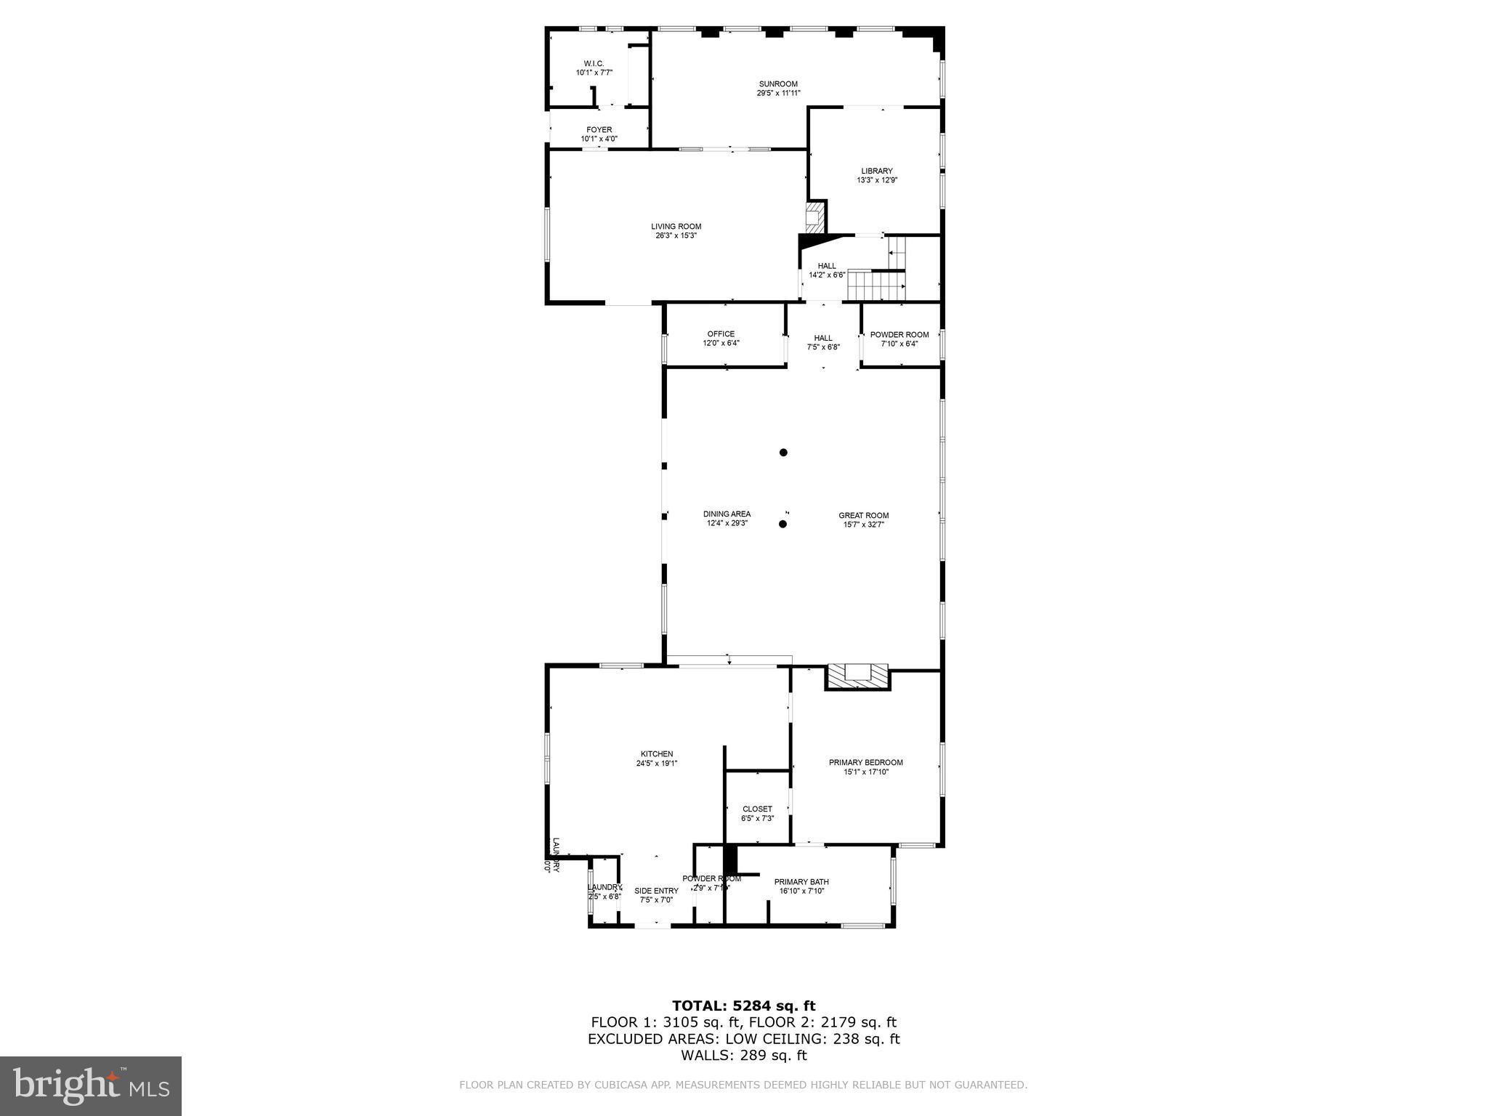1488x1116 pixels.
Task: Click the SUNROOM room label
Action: tap(778, 84)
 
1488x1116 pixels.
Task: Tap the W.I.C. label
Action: tap(594, 63)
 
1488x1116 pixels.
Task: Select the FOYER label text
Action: tap(599, 130)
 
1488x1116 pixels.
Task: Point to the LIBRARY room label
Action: tap(876, 171)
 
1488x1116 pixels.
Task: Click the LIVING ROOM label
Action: tap(676, 227)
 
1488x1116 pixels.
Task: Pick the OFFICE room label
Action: tap(721, 334)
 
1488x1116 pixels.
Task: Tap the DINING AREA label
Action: tap(727, 514)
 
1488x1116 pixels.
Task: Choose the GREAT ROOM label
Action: tap(863, 516)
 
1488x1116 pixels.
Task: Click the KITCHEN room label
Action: tap(656, 754)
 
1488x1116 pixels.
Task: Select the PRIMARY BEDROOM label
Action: tap(865, 763)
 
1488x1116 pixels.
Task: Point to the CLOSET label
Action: tap(757, 809)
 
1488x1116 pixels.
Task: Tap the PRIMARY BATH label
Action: tap(801, 882)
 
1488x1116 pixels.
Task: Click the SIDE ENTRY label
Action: tap(656, 891)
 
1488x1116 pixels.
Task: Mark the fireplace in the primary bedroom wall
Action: tap(858, 676)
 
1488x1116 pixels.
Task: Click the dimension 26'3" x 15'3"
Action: tap(676, 236)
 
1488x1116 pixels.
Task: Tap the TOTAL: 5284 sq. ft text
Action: tap(743, 1006)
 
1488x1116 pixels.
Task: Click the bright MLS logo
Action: tap(91, 1085)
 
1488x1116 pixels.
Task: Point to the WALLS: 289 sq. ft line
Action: tap(743, 1056)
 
